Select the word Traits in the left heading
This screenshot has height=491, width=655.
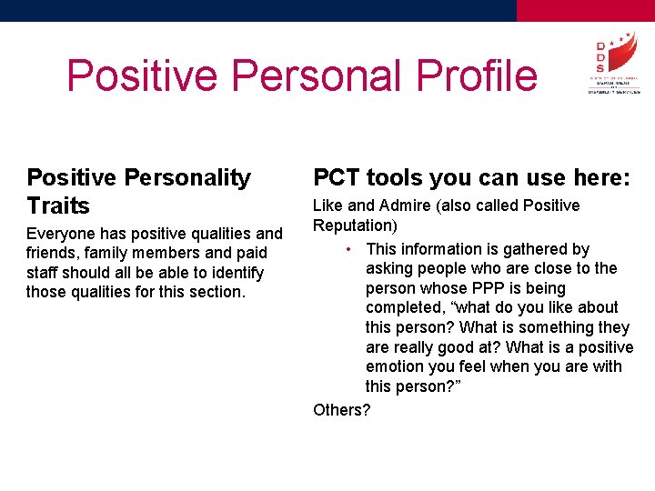pos(58,205)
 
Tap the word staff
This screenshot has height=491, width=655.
pos(44,273)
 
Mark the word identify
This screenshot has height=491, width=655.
pos(233,273)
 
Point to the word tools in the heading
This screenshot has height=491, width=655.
pos(398,177)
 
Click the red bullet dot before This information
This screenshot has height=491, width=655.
pos(349,249)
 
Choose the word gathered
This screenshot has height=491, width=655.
pos(534,249)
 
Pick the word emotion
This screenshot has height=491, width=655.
pos(396,366)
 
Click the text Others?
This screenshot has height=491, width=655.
pos(342,410)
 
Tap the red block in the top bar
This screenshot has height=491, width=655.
pos(585,10)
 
